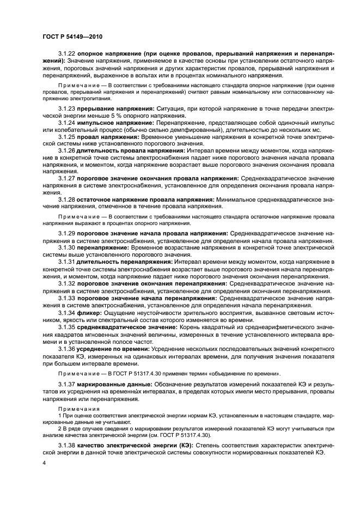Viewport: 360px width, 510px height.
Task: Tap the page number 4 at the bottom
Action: click(x=44, y=463)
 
